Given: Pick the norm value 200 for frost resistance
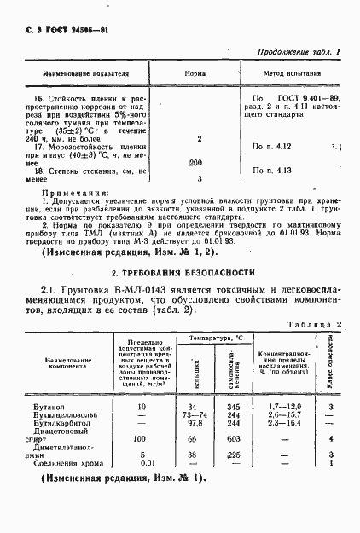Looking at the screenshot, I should pos(195,162).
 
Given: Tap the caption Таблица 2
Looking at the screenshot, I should pos(316,325).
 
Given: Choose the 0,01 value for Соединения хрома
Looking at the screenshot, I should pos(146,463).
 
